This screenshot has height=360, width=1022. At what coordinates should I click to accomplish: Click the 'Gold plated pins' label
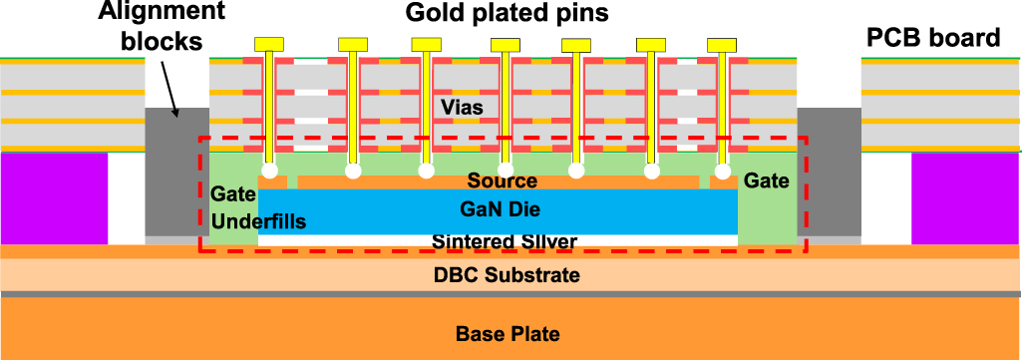pyautogui.click(x=507, y=14)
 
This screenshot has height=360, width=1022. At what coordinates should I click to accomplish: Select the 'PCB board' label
pyautogui.click(x=932, y=39)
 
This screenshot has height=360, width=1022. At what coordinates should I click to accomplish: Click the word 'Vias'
pyautogui.click(x=463, y=106)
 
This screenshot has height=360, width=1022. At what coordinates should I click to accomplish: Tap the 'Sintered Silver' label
pyautogui.click(x=505, y=241)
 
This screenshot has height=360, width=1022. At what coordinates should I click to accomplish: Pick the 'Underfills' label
pyautogui.click(x=258, y=221)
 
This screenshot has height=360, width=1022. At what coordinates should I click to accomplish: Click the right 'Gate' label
pyautogui.click(x=766, y=180)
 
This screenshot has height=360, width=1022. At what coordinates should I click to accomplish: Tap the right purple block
pyautogui.click(x=965, y=197)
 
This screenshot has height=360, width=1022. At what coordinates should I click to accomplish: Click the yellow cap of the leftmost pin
pyautogui.click(x=270, y=45)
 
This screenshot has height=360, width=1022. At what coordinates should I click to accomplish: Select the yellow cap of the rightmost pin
pyautogui.click(x=721, y=45)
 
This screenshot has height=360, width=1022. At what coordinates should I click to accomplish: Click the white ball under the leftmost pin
pyautogui.click(x=270, y=171)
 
